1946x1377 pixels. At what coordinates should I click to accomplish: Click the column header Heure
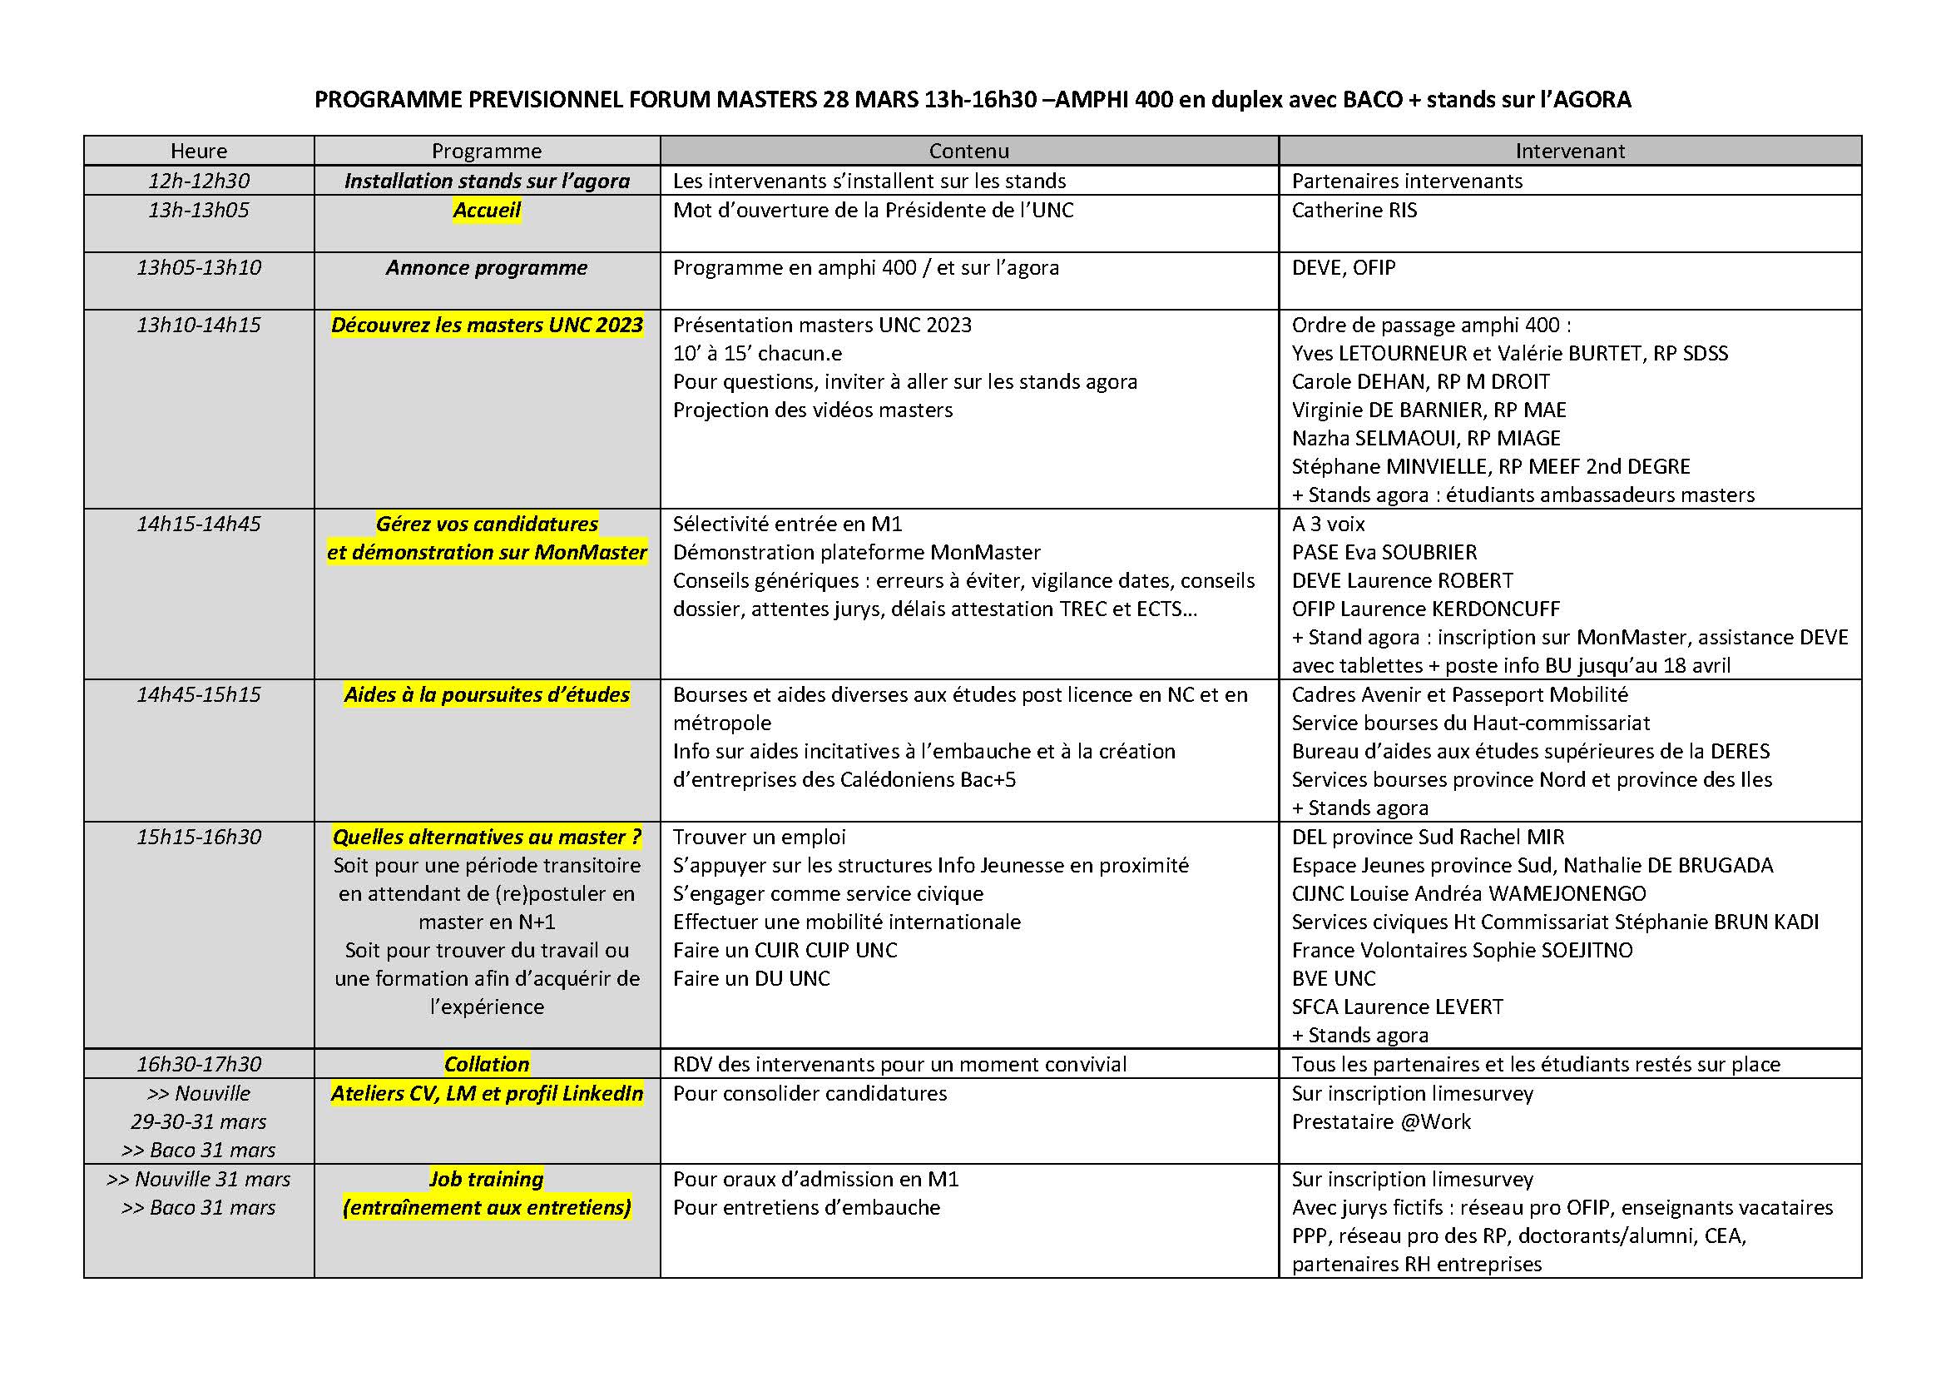coord(198,151)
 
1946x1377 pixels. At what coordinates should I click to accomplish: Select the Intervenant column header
coord(1570,151)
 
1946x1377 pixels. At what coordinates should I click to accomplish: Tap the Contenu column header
coord(968,151)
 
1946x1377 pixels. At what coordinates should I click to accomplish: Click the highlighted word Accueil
coord(487,211)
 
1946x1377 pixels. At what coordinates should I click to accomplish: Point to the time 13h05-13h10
coord(198,268)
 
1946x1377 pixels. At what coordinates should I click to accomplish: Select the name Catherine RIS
coord(1354,211)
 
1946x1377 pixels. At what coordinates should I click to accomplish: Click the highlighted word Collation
coord(487,1064)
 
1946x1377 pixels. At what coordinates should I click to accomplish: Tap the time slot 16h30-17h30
coord(198,1064)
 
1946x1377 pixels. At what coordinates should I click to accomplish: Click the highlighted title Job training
coord(487,1179)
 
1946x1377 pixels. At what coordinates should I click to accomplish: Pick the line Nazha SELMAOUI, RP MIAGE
coord(1426,439)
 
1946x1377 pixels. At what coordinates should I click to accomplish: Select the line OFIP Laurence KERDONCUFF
coord(1426,609)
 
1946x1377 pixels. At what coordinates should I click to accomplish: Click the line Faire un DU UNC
coord(751,978)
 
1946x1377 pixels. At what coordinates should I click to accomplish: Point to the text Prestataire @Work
coord(1381,1121)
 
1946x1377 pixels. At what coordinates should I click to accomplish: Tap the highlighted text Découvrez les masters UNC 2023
coord(487,326)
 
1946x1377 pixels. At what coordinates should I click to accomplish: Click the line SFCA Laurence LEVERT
coord(1397,1007)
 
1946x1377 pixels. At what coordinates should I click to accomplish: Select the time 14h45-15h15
coord(198,695)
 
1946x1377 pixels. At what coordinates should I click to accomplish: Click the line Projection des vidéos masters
coord(812,410)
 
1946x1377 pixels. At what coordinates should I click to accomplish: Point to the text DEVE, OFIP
coord(1343,268)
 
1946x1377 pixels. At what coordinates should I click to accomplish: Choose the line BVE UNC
coord(1333,978)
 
